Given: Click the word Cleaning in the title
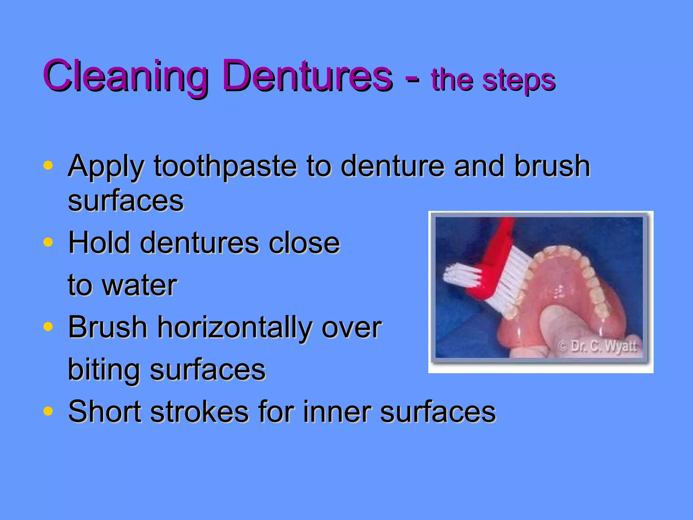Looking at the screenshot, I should [125, 76].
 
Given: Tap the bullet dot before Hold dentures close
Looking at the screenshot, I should [48, 242].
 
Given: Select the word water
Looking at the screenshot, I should [139, 285].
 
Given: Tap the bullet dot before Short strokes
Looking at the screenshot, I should [48, 411].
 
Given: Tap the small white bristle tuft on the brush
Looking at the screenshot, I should [461, 275].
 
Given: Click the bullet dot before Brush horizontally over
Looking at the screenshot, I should [48, 327].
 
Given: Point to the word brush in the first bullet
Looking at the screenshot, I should [552, 167].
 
